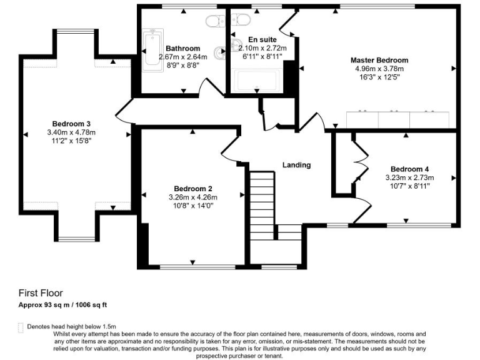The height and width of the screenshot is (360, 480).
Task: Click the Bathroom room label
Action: coord(182,49)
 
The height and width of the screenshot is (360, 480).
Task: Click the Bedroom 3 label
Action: coord(71,124)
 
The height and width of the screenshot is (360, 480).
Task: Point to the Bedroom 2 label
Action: coord(193,189)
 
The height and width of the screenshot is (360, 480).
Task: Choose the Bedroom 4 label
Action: coord(409,169)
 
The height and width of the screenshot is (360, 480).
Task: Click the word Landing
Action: coord(296,165)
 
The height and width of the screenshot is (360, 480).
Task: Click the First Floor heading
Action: coord(41,292)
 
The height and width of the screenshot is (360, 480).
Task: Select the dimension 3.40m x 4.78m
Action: coord(71,132)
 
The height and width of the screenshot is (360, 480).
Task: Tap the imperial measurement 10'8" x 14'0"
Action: coord(193,206)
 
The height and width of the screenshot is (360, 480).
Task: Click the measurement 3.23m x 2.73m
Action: coord(409,177)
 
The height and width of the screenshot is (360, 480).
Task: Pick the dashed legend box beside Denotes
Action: coord(21,327)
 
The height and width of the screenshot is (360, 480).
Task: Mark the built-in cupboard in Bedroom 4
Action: coord(346,162)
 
